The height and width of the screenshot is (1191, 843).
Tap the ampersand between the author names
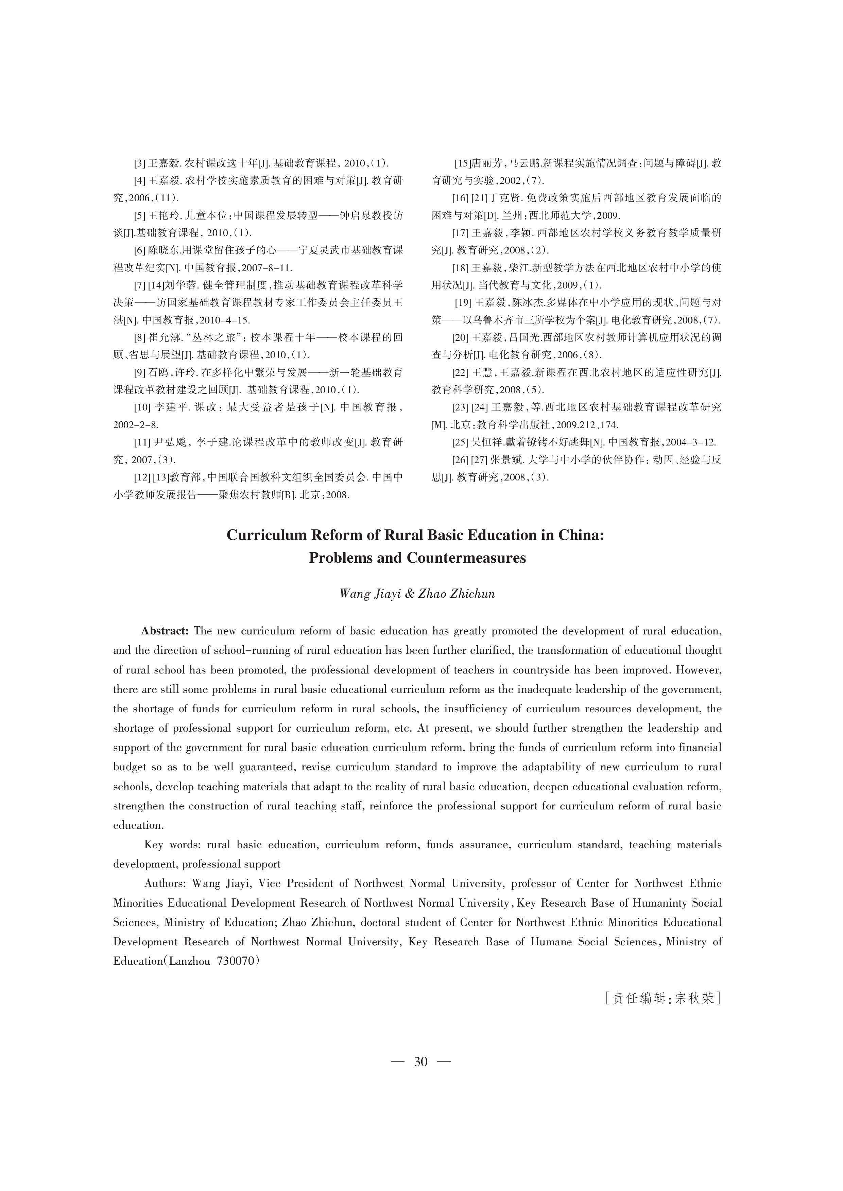click(x=410, y=594)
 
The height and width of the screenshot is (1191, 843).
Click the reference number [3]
click(x=139, y=163)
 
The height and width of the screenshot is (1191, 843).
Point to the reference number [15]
click(x=462, y=163)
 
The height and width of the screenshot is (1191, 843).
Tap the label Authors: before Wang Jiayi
click(x=165, y=883)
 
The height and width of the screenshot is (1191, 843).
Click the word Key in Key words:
click(x=154, y=845)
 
